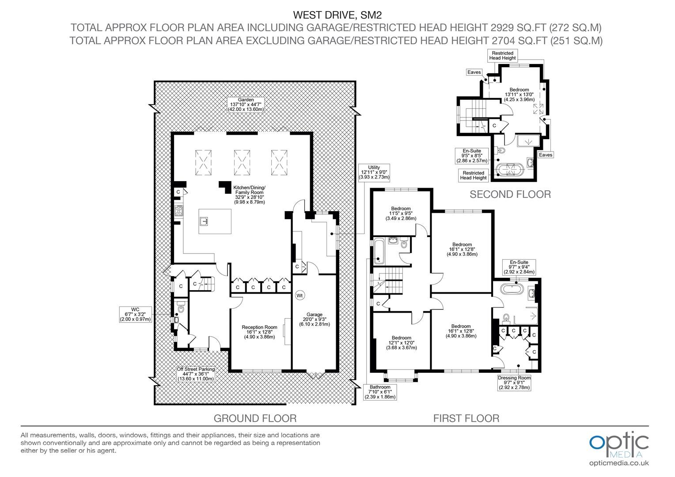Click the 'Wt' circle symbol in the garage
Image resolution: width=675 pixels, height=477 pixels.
pyautogui.click(x=299, y=295)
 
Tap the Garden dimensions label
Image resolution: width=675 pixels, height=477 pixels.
pyautogui.click(x=246, y=105)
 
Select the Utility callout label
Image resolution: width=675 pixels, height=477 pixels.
pyautogui.click(x=374, y=172)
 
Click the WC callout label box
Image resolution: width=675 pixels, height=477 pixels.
pyautogui.click(x=135, y=314)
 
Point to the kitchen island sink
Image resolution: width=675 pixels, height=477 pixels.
pyautogui.click(x=204, y=221)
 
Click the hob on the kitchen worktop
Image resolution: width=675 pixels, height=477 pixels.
pyautogui.click(x=179, y=210)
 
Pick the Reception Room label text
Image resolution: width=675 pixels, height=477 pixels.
pyautogui.click(x=259, y=332)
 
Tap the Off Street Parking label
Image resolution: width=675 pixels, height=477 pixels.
pyautogui.click(x=196, y=374)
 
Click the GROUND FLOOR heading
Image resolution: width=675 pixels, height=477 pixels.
pyautogui.click(x=255, y=418)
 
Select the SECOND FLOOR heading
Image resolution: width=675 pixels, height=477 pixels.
pyautogui.click(x=510, y=194)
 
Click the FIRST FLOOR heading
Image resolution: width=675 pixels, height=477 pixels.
pyautogui.click(x=466, y=418)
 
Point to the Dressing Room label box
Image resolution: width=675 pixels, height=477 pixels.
pyautogui.click(x=514, y=382)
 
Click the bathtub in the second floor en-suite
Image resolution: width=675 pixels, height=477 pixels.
pyautogui.click(x=511, y=170)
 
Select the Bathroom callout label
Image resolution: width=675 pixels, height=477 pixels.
pyautogui.click(x=380, y=392)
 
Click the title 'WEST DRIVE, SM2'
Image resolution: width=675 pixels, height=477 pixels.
pyautogui.click(x=337, y=15)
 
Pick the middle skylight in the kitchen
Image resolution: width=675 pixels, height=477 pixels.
pyautogui.click(x=242, y=163)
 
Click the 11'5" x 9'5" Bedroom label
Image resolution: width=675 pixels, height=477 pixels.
pyautogui.click(x=401, y=213)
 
